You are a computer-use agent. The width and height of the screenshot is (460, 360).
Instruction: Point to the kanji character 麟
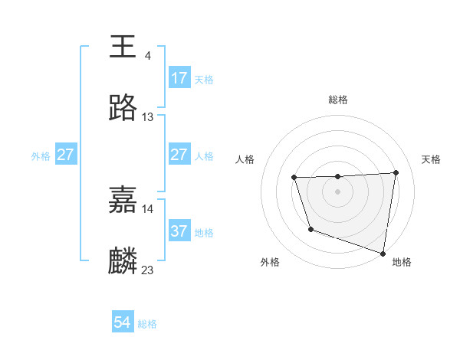123,261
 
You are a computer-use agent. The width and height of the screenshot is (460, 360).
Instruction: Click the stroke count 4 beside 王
147,56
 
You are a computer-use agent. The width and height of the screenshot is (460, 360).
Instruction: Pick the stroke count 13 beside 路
148,117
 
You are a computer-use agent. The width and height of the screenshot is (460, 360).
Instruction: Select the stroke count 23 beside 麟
148,270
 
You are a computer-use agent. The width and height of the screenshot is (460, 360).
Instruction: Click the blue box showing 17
179,78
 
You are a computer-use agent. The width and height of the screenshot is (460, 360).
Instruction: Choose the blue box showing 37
179,231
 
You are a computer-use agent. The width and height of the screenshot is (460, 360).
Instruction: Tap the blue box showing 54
123,323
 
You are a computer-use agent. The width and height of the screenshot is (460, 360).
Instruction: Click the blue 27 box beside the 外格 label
65,155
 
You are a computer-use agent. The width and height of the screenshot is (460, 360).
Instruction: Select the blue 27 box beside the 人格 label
179,155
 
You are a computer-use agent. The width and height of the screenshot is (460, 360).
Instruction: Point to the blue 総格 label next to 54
147,324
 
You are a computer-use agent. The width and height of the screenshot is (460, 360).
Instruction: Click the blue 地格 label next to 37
204,232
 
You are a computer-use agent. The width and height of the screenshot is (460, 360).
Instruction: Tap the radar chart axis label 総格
338,100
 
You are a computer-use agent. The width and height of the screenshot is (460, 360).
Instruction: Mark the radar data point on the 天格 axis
396,172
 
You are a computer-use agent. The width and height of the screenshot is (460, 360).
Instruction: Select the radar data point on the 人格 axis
294,178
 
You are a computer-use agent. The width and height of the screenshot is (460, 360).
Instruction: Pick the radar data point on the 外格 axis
310,229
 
